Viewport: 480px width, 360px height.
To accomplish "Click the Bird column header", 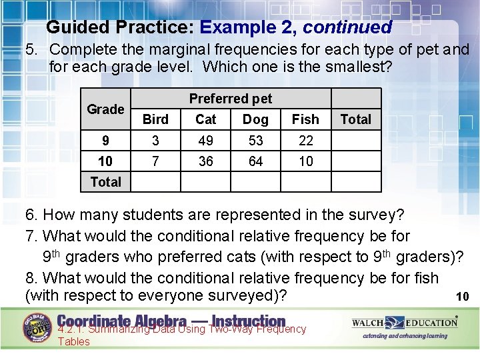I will point(155,119).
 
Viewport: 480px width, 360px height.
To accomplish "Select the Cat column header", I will point(206,119).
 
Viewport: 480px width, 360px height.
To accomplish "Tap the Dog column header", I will point(255,119).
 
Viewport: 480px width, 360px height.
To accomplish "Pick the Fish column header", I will point(305,119).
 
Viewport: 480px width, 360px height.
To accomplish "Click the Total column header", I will point(355,119).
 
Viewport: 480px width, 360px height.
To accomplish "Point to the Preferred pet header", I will point(231,99).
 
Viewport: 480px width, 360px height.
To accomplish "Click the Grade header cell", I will point(105,109).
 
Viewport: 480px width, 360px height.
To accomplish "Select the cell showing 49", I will point(206,141).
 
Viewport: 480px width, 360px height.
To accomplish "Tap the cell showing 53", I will point(255,141).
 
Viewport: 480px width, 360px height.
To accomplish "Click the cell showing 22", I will point(305,141).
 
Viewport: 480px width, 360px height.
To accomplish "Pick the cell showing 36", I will point(206,161).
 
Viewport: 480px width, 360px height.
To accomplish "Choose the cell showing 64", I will point(255,161).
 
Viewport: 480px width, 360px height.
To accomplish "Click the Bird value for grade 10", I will point(155,161).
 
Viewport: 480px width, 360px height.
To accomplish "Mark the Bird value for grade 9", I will point(155,141).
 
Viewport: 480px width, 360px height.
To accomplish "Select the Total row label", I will point(105,181).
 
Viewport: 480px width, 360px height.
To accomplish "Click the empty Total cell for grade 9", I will point(355,141).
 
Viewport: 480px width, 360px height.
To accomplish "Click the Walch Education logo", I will point(405,323).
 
